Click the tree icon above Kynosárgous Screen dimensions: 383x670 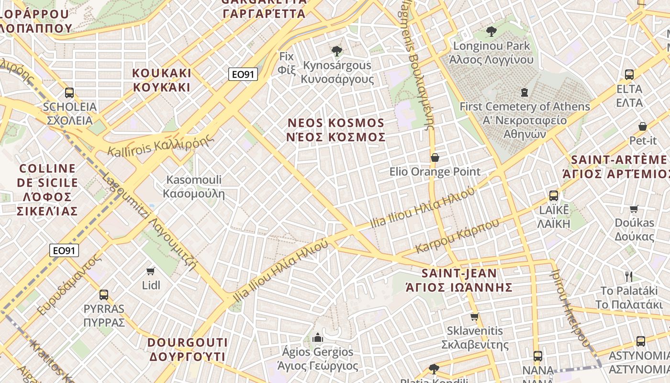pos(337,51)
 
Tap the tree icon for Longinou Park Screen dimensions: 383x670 pos(491,32)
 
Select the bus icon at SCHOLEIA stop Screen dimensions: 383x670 pos(69,92)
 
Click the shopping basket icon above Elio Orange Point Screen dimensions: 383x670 pos(435,157)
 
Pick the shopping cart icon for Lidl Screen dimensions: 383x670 pos(151,271)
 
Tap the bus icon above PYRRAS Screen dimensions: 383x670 pos(104,294)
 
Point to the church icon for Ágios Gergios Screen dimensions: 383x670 pos(317,338)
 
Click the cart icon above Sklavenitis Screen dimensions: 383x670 pos(474,316)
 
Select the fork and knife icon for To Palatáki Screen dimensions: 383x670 pos(629,276)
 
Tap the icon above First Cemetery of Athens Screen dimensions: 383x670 pos(525,92)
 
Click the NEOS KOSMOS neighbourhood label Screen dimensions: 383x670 pos(336,130)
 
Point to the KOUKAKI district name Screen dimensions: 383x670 pos(162,80)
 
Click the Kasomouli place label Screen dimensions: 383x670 pos(194,187)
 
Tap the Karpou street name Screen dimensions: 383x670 pos(457,236)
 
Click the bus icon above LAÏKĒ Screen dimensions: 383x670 pos(554,195)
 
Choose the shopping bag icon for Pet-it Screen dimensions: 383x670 pos(643,126)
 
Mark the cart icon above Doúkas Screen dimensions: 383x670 pos(634,209)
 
